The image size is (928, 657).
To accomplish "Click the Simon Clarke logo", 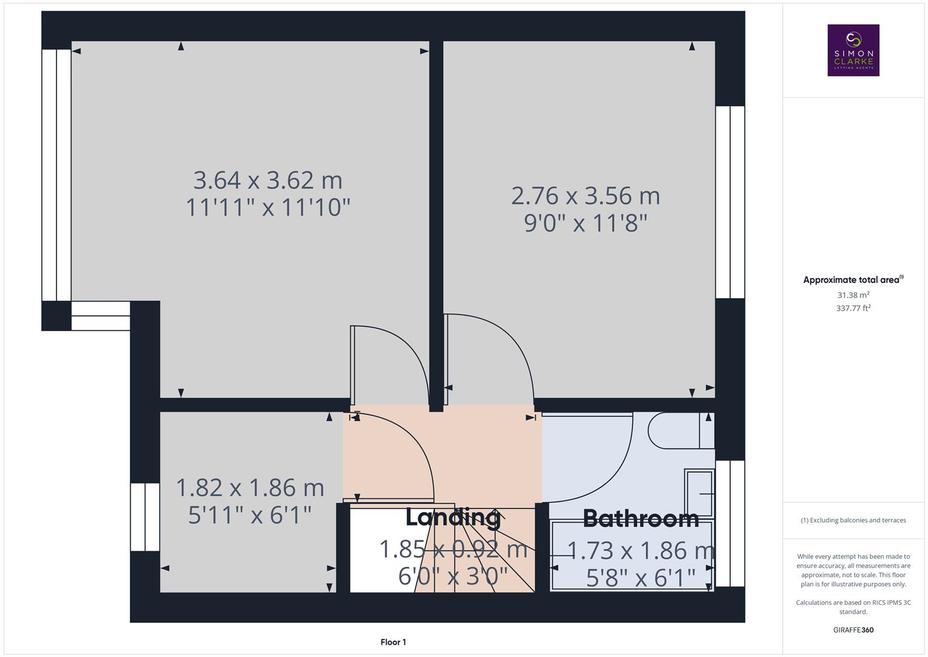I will [x=853, y=50].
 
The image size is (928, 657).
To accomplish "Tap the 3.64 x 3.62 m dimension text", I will [x=268, y=181].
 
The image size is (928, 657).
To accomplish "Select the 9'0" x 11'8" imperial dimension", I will [x=585, y=223].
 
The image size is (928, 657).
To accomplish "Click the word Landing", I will [x=453, y=517].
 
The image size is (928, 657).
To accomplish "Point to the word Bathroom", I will [x=641, y=518].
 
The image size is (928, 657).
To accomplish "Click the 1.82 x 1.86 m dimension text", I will [x=250, y=488].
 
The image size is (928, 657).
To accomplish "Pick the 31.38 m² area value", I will [x=853, y=295].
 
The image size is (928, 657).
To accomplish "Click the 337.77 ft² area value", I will [x=853, y=308].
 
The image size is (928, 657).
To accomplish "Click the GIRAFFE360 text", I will [x=853, y=630].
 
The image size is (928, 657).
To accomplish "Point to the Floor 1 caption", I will [x=393, y=642].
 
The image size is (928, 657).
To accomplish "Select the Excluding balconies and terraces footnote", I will [x=853, y=520].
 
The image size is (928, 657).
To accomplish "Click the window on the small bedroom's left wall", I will [x=145, y=517].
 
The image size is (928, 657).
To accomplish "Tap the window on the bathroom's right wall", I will [x=730, y=523].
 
